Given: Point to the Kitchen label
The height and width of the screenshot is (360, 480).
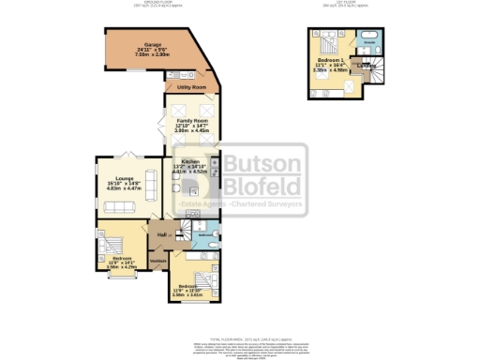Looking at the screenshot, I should (191, 161).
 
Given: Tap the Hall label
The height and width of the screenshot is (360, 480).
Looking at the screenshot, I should (161, 234).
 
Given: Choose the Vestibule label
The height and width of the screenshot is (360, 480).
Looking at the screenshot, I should (157, 261).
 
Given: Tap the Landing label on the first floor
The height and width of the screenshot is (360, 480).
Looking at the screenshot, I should (365, 65).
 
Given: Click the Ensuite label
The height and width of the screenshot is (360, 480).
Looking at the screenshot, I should (369, 43).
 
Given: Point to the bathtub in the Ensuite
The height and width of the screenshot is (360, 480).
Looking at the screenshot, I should (369, 36).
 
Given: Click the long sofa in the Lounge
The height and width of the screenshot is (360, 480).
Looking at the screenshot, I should (121, 205).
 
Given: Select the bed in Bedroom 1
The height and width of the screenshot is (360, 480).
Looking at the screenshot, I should (330, 41).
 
